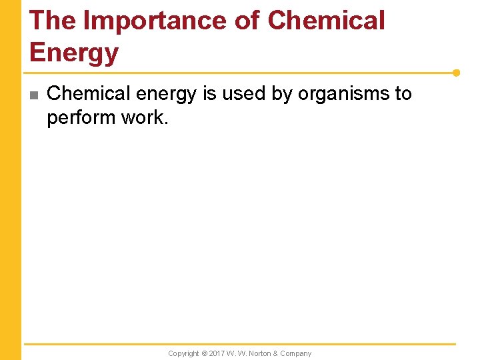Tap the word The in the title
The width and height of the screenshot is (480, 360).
tap(53, 21)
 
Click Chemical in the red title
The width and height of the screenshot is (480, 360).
tap(326, 21)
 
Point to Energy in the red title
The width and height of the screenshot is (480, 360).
tap(74, 53)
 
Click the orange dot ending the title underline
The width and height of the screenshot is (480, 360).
tap(457, 73)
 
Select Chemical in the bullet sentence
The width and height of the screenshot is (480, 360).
tap(85, 94)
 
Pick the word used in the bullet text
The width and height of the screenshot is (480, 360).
tap(245, 94)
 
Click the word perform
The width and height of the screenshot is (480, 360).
tap(79, 118)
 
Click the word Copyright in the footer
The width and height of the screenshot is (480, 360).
tap(183, 353)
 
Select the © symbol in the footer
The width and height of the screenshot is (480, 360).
tap(205, 353)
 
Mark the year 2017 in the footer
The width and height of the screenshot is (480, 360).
tap(217, 353)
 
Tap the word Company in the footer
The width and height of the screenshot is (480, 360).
tap(297, 353)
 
